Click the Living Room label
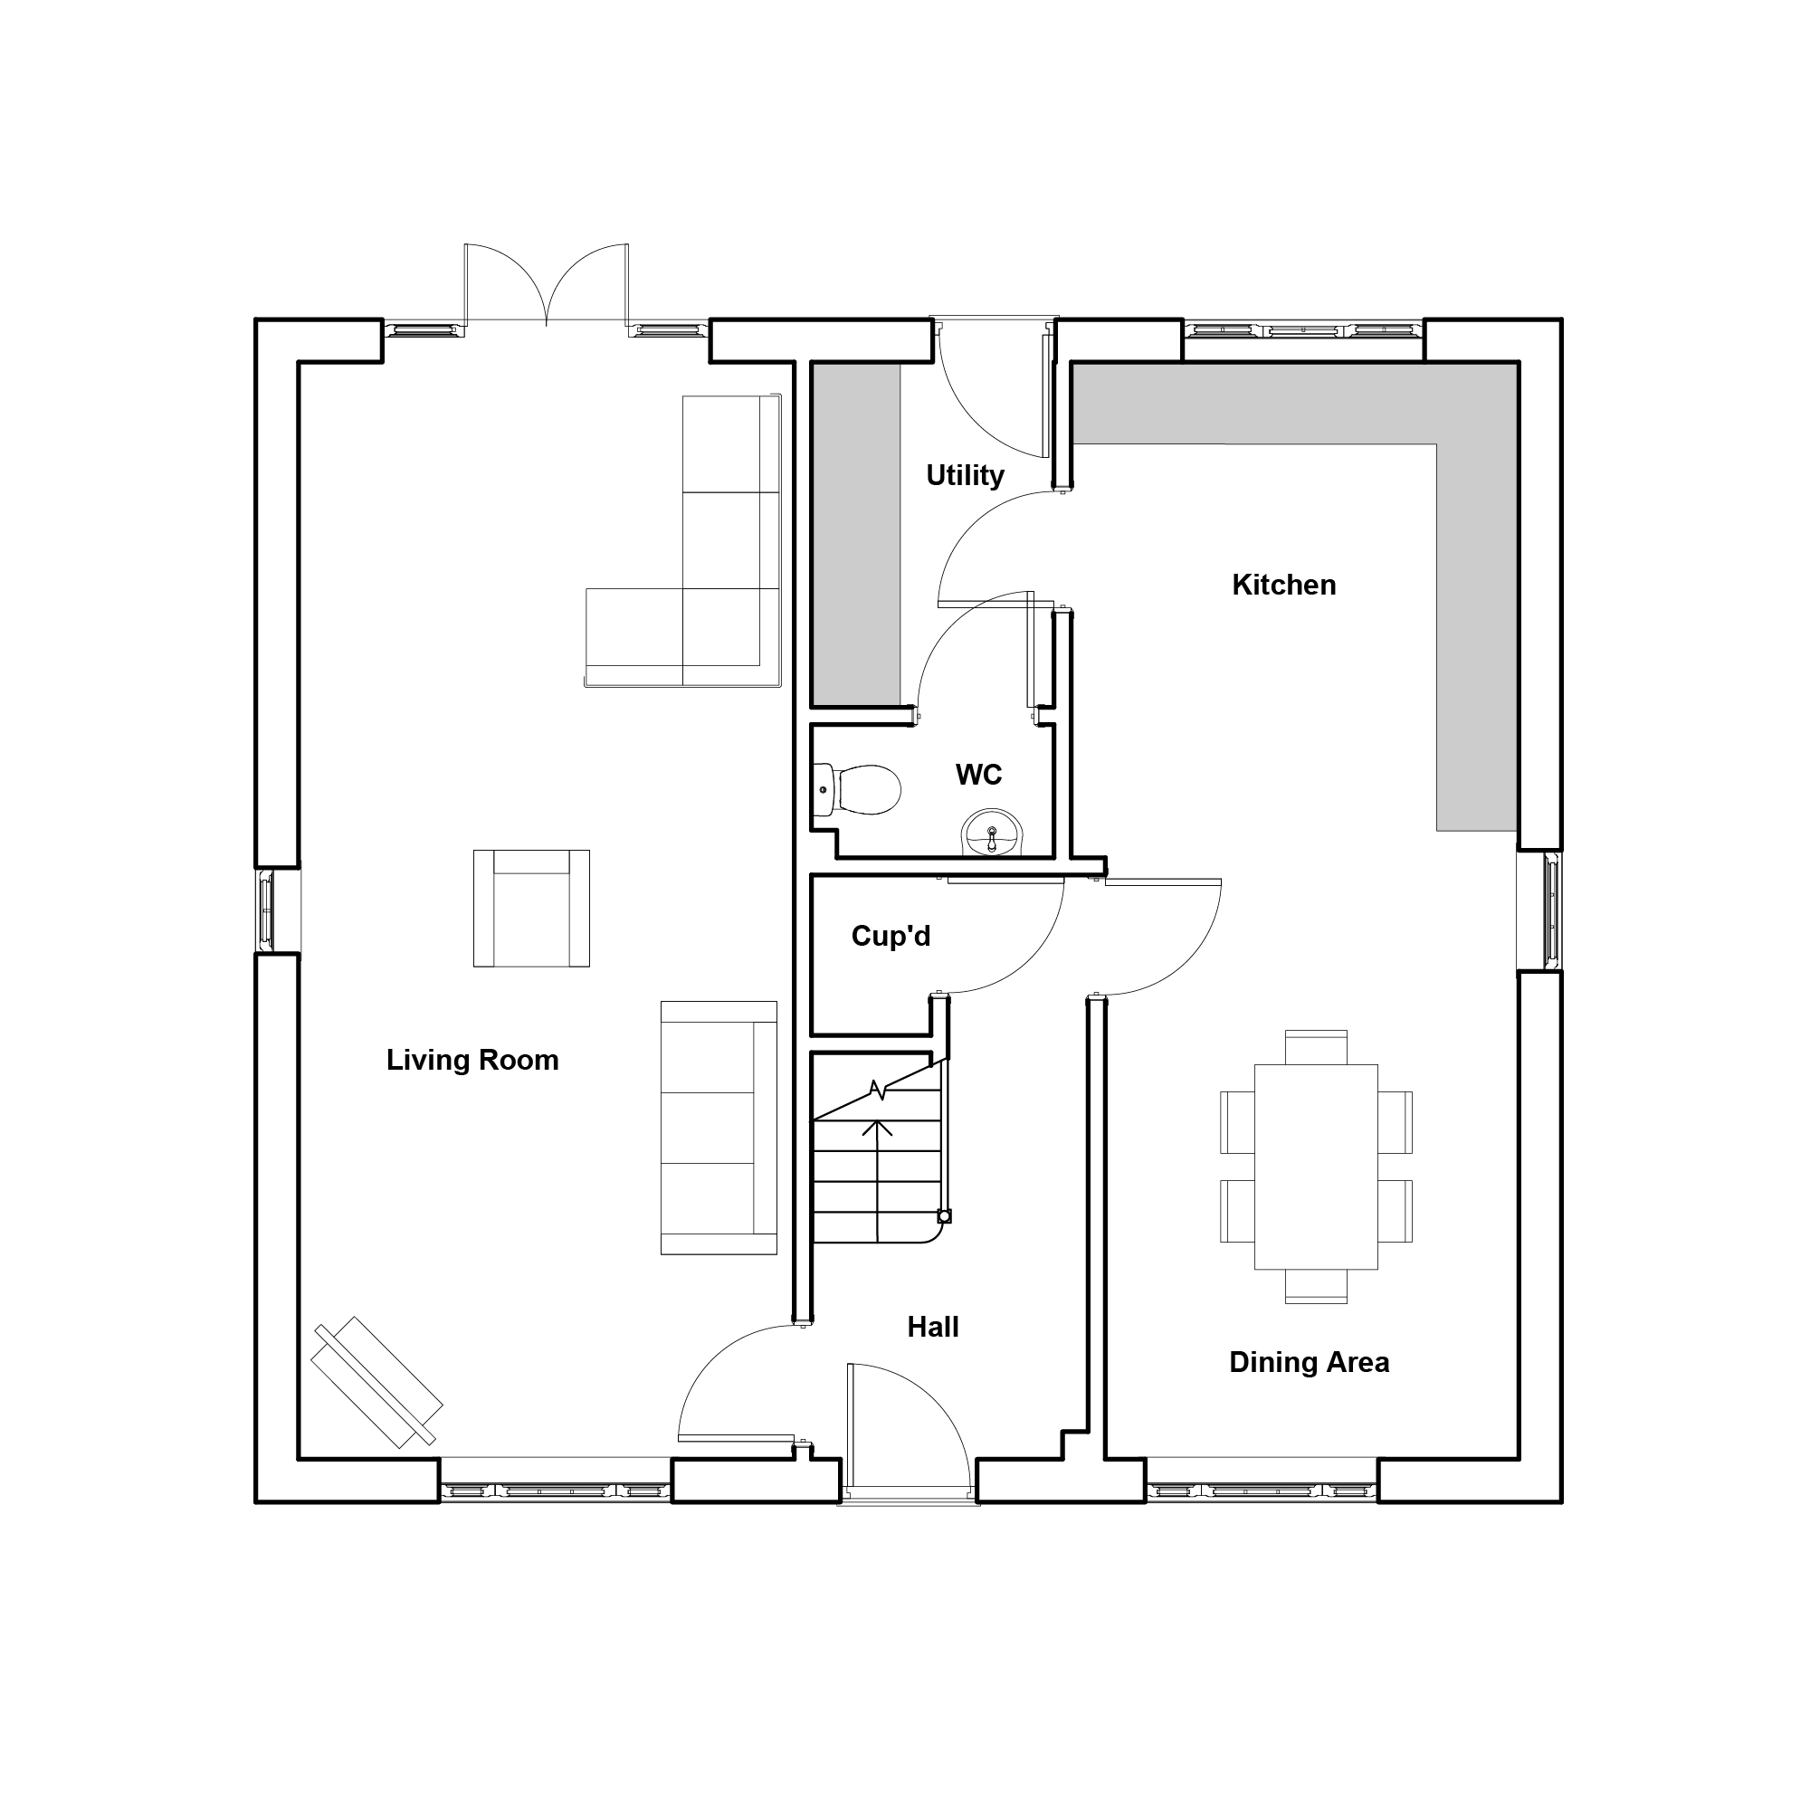[472, 1060]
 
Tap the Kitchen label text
[1283, 585]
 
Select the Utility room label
[965, 475]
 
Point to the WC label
[978, 774]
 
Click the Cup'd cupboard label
[890, 935]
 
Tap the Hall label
[933, 1327]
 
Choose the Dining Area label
[1309, 1362]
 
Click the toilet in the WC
[856, 789]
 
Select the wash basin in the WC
[992, 832]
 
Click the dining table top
[1315, 1167]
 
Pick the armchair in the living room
[531, 908]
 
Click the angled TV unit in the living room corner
[376, 1382]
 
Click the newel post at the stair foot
[944, 1216]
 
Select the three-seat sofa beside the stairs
[719, 1127]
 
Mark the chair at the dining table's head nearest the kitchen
[1315, 1047]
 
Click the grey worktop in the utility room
[855, 534]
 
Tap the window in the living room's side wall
[266, 910]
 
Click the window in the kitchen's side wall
[1551, 910]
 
